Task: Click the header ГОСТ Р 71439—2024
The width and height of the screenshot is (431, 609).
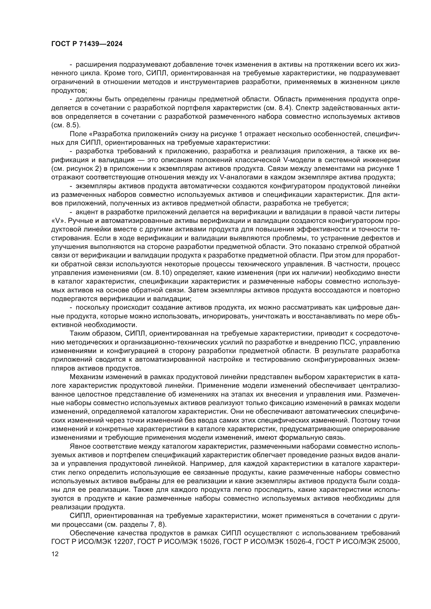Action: [x=87, y=44]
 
